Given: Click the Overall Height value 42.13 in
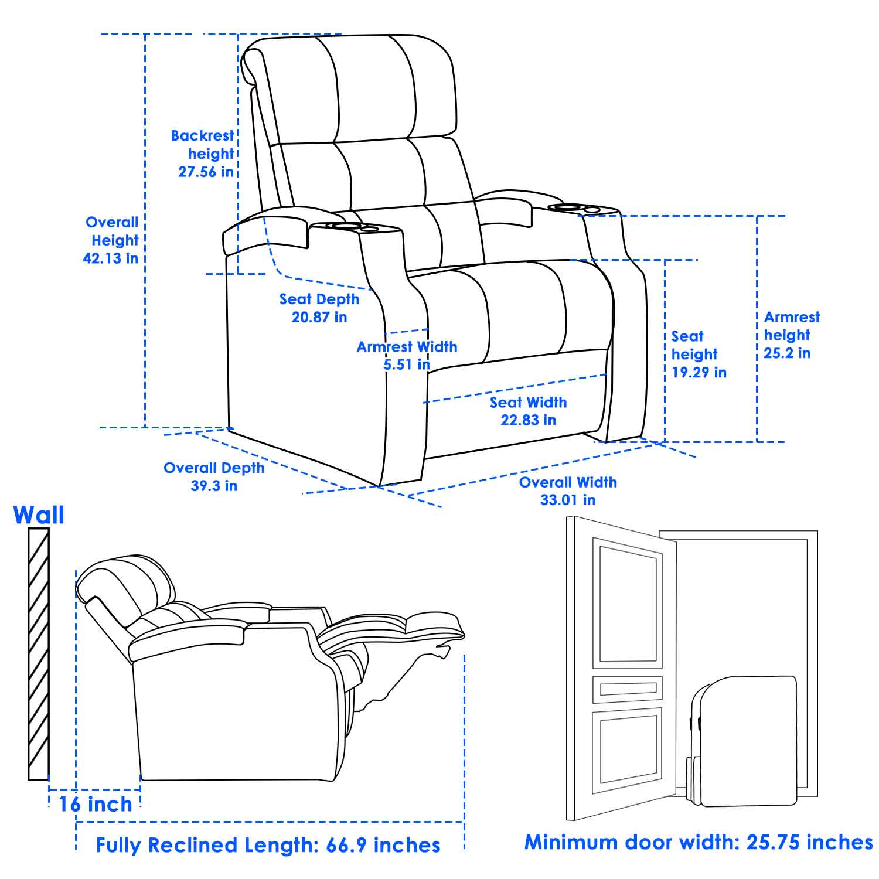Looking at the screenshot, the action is pyautogui.click(x=111, y=258).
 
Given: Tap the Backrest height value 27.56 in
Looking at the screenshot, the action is pyautogui.click(x=206, y=172).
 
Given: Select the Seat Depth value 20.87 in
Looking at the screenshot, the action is pyautogui.click(x=319, y=317).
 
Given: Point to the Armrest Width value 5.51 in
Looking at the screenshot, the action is pyautogui.click(x=407, y=364).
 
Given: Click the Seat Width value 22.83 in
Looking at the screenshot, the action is pyautogui.click(x=528, y=420).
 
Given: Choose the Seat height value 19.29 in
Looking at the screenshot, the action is pyautogui.click(x=699, y=373).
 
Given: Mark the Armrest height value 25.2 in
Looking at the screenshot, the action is pyautogui.click(x=787, y=353).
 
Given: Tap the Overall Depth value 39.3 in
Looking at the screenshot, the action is pyautogui.click(x=214, y=486).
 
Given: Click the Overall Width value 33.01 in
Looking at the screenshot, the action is pyautogui.click(x=568, y=500).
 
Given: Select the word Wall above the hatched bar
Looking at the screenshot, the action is pyautogui.click(x=39, y=515).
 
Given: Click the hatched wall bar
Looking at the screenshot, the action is pyautogui.click(x=39, y=654).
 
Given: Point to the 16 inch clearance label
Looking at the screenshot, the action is pyautogui.click(x=95, y=805).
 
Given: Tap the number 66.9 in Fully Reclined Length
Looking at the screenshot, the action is pyautogui.click(x=342, y=845).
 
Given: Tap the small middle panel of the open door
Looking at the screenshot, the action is pyautogui.click(x=628, y=689).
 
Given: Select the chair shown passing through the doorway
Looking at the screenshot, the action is pyautogui.click(x=742, y=741).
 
